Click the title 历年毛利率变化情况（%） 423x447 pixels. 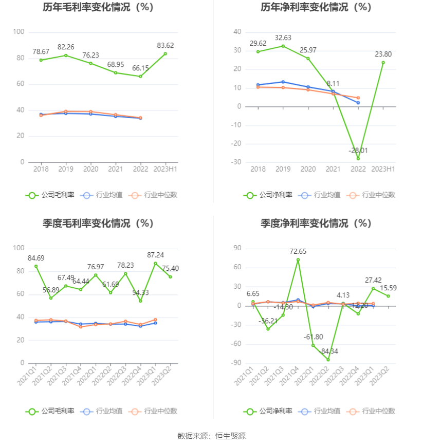[98, 7]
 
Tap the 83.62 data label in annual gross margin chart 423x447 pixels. [165, 45]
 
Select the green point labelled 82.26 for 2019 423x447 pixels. [66, 55]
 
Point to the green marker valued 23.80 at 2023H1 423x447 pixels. [383, 63]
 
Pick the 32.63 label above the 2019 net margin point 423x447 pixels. [283, 38]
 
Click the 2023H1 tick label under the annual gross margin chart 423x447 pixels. [165, 169]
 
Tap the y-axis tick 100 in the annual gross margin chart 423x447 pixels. [19, 32]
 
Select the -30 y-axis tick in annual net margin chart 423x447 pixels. [237, 162]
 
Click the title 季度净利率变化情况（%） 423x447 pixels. [316, 223]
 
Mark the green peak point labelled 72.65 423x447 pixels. [298, 260]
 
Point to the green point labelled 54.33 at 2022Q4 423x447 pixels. [140, 301]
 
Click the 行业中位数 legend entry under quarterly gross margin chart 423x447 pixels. [155, 411]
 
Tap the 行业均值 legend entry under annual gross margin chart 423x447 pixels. [102, 195]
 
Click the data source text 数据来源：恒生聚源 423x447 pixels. [211, 436]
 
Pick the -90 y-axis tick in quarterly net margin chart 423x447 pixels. [237, 363]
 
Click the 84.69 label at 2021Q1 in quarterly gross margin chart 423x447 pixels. [36, 258]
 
